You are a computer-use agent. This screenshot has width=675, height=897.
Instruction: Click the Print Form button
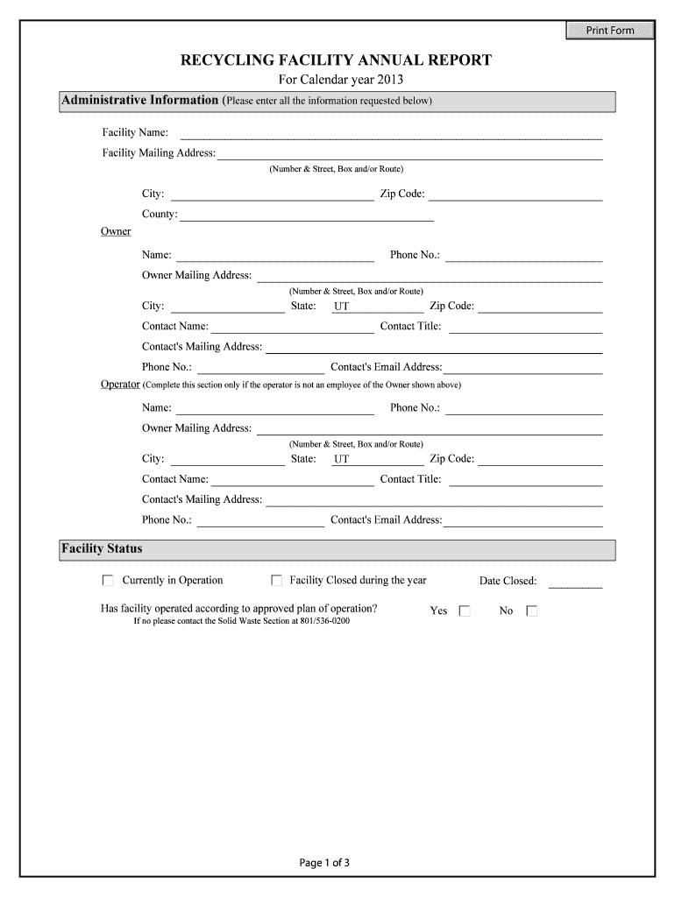point(610,31)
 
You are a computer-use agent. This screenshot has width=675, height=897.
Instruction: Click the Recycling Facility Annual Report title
point(337,60)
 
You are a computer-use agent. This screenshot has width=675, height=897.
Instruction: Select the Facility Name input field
point(391,133)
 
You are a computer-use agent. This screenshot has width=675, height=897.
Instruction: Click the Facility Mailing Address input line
point(410,153)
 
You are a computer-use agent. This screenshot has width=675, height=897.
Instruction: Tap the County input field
point(306,215)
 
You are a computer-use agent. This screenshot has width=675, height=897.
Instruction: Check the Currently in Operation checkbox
point(108,580)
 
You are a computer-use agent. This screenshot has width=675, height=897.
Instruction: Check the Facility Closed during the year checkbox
point(276,580)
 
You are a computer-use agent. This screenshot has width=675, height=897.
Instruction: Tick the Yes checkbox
point(465,611)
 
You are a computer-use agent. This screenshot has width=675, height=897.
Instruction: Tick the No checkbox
point(531,611)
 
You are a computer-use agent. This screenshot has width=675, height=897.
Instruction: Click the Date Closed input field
point(575,581)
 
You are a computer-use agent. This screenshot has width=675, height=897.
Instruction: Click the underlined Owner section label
point(116,231)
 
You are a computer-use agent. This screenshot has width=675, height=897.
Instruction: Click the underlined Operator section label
point(120,385)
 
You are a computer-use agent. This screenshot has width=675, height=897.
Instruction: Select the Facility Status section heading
point(102,549)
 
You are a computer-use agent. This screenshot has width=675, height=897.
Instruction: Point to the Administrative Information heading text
point(139,101)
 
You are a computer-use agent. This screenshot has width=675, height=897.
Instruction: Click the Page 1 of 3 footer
point(324,863)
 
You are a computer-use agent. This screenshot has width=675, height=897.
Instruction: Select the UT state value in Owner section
point(341,307)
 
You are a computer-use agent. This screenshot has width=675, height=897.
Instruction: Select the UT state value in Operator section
point(341,460)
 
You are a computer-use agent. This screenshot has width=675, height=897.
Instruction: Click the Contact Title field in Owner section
point(526,327)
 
